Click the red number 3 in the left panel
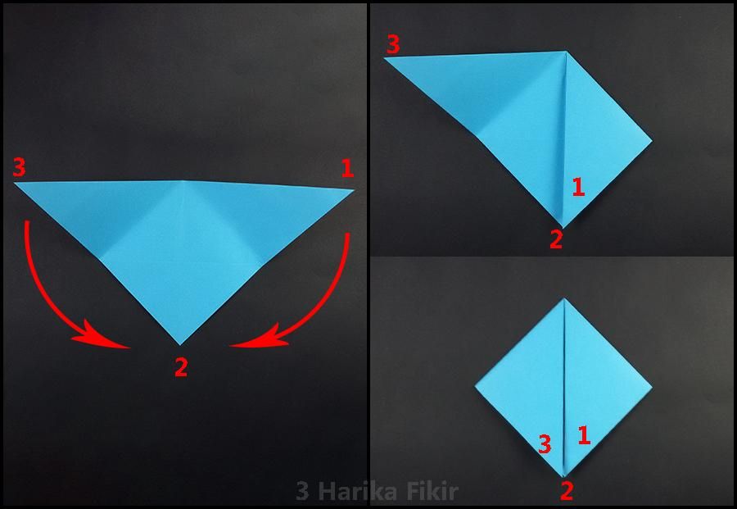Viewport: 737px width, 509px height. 20,167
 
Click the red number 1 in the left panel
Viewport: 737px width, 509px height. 347,168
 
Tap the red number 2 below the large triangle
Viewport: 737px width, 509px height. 181,367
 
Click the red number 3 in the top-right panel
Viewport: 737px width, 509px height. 393,44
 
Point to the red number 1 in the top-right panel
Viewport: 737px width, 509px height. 578,187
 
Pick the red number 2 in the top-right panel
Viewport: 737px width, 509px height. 556,239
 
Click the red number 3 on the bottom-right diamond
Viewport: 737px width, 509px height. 545,444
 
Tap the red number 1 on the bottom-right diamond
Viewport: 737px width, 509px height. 584,435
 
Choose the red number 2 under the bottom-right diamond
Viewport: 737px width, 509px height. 567,492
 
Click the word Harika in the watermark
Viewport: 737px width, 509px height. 361,492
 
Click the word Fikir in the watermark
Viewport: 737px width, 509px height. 433,492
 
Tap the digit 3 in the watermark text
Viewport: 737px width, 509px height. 303,492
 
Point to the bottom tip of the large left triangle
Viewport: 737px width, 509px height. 180,345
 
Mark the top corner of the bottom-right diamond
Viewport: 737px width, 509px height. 564,298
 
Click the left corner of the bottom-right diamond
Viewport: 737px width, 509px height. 475,387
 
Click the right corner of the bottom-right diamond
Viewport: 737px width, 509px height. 653,387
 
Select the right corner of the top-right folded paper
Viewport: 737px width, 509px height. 653,140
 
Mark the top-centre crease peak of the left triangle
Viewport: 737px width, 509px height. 180,180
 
